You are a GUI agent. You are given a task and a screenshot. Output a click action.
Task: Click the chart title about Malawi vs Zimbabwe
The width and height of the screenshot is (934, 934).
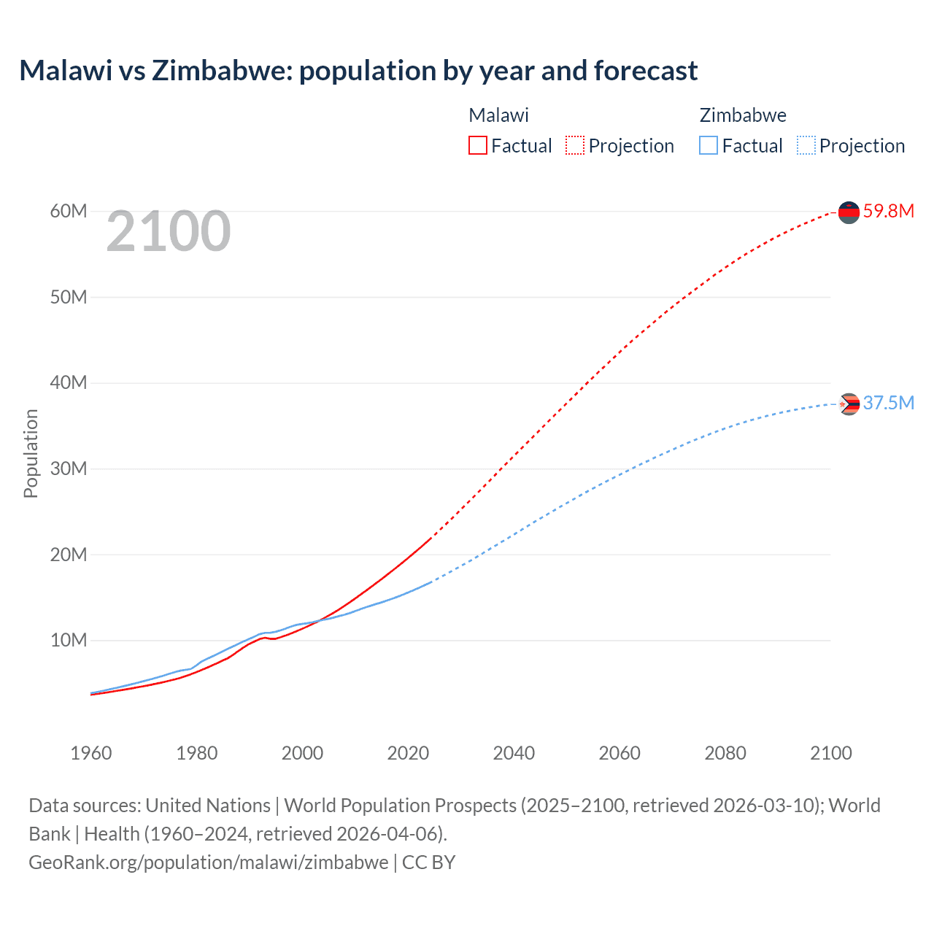click(x=358, y=71)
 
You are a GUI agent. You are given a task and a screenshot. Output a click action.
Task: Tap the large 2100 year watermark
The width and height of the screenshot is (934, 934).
click(x=169, y=232)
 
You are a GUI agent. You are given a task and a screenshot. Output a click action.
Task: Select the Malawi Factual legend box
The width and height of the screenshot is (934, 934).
click(x=478, y=145)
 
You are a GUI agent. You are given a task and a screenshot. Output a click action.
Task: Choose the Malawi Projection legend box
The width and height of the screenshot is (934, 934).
click(x=575, y=145)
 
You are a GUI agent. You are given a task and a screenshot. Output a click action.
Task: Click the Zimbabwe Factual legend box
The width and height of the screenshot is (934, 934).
click(x=709, y=145)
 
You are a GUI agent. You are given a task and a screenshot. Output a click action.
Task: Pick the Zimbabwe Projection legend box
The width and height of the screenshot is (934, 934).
click(x=806, y=145)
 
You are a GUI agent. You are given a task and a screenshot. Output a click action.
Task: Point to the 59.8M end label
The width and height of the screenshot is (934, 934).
click(x=888, y=212)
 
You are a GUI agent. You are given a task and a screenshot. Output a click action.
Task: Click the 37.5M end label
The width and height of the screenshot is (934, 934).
click(x=888, y=404)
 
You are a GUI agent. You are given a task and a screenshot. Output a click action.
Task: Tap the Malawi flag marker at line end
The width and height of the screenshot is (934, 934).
click(x=849, y=212)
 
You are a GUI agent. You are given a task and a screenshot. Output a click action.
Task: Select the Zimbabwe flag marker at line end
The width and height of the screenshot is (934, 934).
click(x=849, y=404)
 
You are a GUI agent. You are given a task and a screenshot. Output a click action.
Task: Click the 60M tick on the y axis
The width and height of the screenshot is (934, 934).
click(x=69, y=212)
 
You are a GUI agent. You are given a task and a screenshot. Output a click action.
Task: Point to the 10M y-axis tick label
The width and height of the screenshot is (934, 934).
click(x=69, y=641)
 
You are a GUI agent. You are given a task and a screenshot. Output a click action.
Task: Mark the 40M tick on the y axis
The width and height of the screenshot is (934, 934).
click(x=69, y=383)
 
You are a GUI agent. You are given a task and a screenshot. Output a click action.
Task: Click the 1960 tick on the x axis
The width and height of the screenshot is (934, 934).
click(x=91, y=753)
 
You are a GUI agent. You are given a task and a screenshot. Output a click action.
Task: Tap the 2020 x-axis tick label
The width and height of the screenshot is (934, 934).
click(x=408, y=753)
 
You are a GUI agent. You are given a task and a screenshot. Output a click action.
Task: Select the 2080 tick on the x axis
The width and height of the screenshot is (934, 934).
click(x=725, y=753)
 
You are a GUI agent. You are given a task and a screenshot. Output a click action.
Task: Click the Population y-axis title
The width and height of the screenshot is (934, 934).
click(x=31, y=453)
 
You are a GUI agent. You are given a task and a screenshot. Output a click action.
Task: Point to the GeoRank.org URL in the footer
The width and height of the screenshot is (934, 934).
click(x=209, y=862)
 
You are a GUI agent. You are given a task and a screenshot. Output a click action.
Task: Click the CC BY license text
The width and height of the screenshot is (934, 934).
click(x=429, y=862)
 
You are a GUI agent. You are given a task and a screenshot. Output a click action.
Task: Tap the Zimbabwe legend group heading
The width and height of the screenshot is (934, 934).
click(x=743, y=115)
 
